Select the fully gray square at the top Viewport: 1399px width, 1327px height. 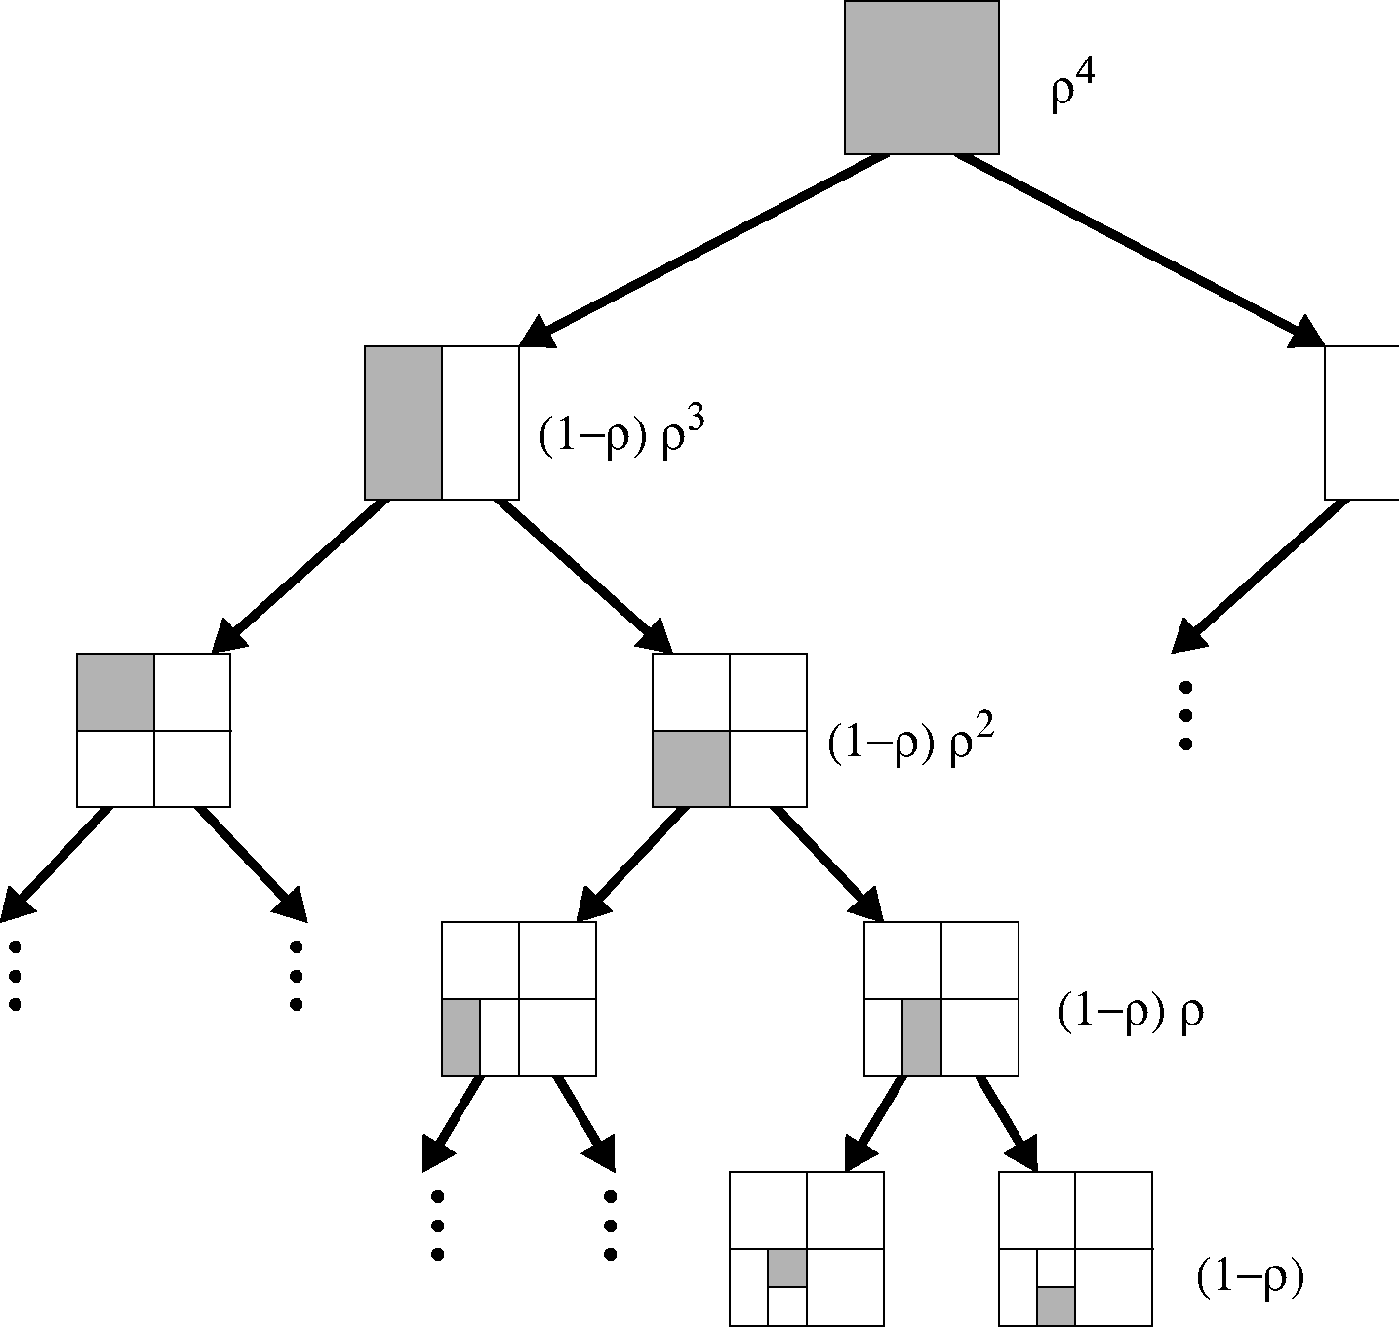click(x=921, y=77)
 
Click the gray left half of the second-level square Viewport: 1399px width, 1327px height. click(x=404, y=422)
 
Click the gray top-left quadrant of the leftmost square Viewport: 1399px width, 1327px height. click(x=115, y=692)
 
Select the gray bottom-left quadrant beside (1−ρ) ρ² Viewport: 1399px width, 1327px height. click(x=691, y=768)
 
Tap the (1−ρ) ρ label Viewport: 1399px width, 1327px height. click(x=1130, y=1014)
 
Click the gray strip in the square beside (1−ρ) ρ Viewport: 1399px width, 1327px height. click(x=922, y=1037)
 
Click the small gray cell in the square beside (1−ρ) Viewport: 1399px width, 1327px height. click(x=1056, y=1306)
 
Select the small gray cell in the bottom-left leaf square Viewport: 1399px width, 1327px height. click(x=787, y=1267)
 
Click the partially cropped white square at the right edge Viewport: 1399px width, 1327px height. click(x=1362, y=422)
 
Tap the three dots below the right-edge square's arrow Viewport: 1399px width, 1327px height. click(x=1186, y=715)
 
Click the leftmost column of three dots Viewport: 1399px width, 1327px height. click(x=15, y=976)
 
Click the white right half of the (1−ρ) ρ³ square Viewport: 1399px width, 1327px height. click(x=480, y=422)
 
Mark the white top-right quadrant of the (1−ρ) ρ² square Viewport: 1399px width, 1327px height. click(x=768, y=692)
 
